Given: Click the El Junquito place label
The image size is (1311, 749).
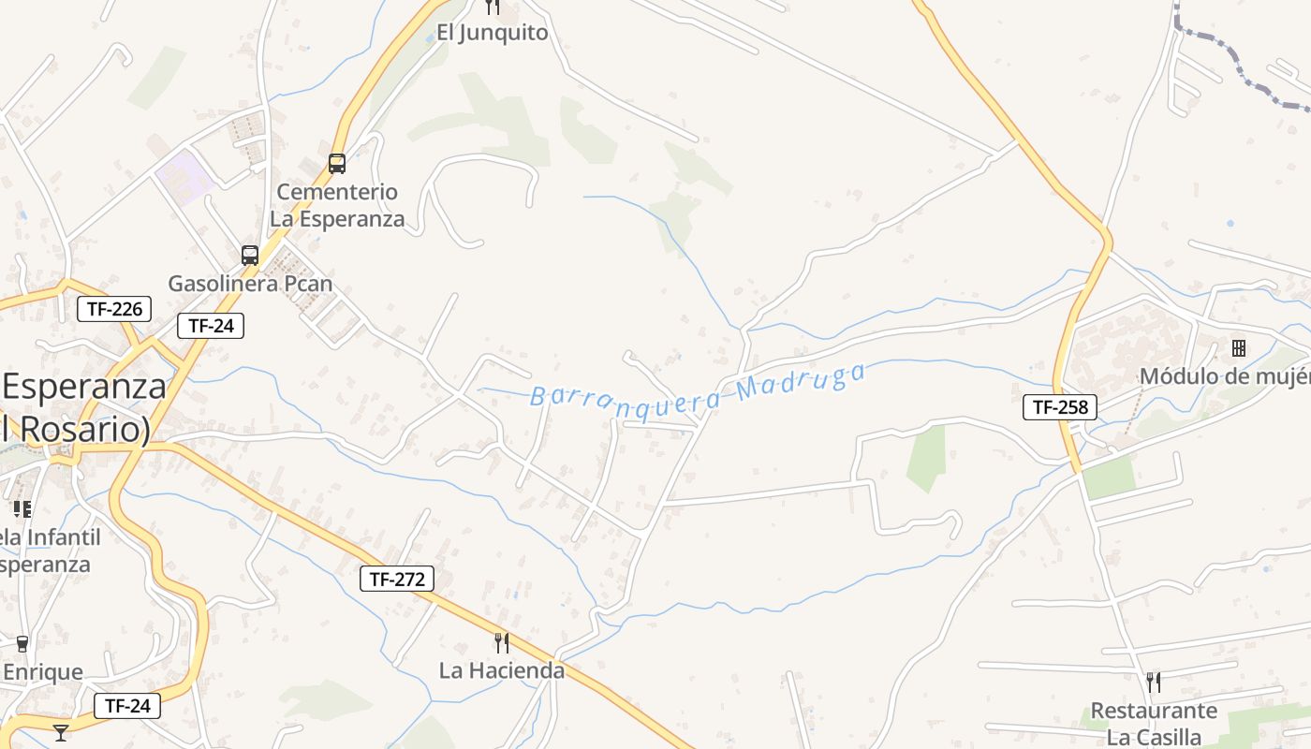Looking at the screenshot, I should (492, 33).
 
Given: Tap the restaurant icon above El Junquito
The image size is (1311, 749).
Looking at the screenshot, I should (493, 7).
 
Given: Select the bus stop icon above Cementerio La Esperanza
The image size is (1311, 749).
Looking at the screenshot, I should (337, 164).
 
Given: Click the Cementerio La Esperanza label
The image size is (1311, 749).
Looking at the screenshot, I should (337, 205).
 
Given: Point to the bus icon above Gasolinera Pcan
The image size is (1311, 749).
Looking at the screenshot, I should (250, 255).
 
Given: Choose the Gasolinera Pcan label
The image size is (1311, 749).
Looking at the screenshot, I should (250, 283).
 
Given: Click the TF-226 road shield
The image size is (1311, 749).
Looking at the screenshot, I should (114, 309).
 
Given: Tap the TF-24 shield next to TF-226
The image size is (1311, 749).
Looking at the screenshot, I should (211, 326).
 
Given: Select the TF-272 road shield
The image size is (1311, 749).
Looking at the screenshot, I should (397, 579).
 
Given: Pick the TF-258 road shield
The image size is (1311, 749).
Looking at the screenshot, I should (1059, 407).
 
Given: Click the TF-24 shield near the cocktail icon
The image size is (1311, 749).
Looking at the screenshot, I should (127, 706).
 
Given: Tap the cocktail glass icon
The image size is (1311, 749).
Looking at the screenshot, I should (61, 732).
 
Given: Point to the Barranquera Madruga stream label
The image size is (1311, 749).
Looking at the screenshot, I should (698, 387).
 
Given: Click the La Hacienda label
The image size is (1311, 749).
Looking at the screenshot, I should (502, 670).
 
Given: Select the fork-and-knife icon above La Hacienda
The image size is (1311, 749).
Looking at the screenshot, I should (502, 642).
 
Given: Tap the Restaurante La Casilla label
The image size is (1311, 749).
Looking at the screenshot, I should (1154, 724).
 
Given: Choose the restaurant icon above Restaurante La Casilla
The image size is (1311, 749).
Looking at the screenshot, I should (1154, 682).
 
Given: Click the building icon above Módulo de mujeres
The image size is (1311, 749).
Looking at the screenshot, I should (1239, 348).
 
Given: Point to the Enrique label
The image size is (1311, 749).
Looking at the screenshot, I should (43, 672).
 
